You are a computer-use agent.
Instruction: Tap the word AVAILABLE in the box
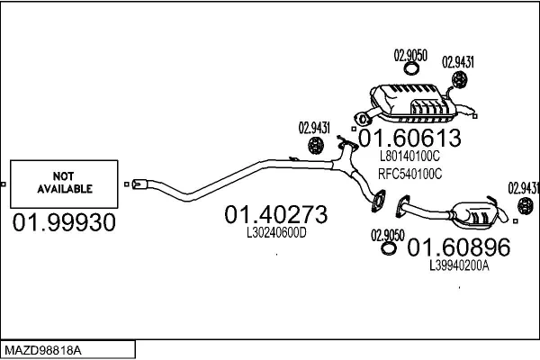click(x=65, y=189)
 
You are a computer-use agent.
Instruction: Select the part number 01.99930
click(x=65, y=222)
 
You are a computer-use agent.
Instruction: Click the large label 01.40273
click(x=275, y=215)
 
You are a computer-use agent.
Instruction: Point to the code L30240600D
click(x=276, y=232)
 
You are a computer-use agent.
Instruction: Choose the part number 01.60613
click(x=411, y=139)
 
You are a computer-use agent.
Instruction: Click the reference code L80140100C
click(x=410, y=156)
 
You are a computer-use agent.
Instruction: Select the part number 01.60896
click(x=459, y=247)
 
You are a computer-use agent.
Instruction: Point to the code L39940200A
click(x=459, y=265)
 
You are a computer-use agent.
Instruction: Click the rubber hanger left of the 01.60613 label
click(x=317, y=145)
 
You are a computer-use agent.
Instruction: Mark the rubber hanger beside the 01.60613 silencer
click(x=459, y=82)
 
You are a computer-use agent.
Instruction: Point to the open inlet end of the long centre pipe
click(x=137, y=186)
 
